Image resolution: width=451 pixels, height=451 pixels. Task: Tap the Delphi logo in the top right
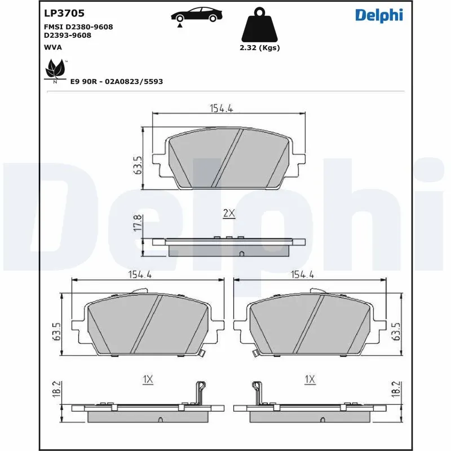[x=379, y=15]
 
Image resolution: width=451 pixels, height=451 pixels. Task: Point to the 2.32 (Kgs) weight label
[x=259, y=48]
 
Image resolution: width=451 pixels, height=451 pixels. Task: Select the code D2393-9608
[x=67, y=35]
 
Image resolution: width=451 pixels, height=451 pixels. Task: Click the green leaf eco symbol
[x=55, y=71]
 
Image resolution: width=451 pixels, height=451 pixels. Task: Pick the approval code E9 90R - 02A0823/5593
[x=117, y=81]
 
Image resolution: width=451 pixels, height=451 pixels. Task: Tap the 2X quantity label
[x=229, y=213]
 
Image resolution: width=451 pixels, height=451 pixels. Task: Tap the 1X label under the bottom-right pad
[x=309, y=380]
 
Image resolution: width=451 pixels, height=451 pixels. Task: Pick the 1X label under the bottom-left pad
[x=148, y=380]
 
